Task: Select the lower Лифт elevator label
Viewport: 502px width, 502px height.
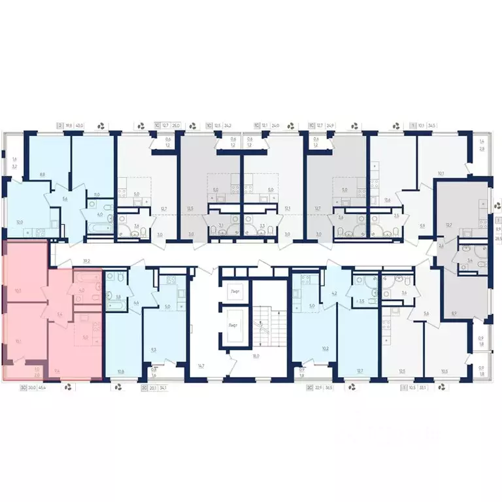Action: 233,325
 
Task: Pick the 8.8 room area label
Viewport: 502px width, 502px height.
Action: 42,175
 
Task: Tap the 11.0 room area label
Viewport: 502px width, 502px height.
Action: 97,194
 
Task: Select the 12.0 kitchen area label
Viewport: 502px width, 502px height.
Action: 19,222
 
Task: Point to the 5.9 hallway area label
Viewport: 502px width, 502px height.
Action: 422,226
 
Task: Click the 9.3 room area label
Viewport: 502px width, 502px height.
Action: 154,350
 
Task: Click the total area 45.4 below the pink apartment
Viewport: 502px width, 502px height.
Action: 42,387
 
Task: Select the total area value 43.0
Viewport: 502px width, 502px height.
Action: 80,125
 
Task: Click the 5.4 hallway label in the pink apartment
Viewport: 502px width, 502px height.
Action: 60,314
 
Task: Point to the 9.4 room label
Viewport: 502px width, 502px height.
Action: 57,371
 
